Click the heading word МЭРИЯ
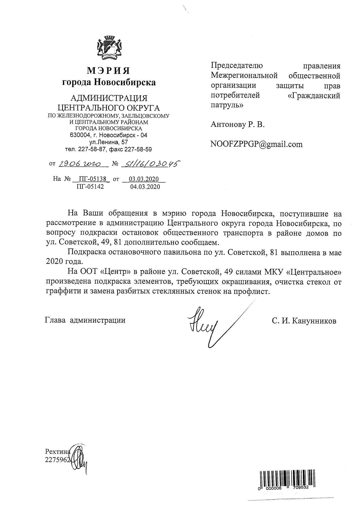(109, 71)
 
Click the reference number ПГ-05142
(90, 187)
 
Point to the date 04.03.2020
(145, 187)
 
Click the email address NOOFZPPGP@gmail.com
(256, 144)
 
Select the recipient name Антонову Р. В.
(238, 125)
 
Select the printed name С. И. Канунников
(304, 321)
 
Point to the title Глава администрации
(85, 320)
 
